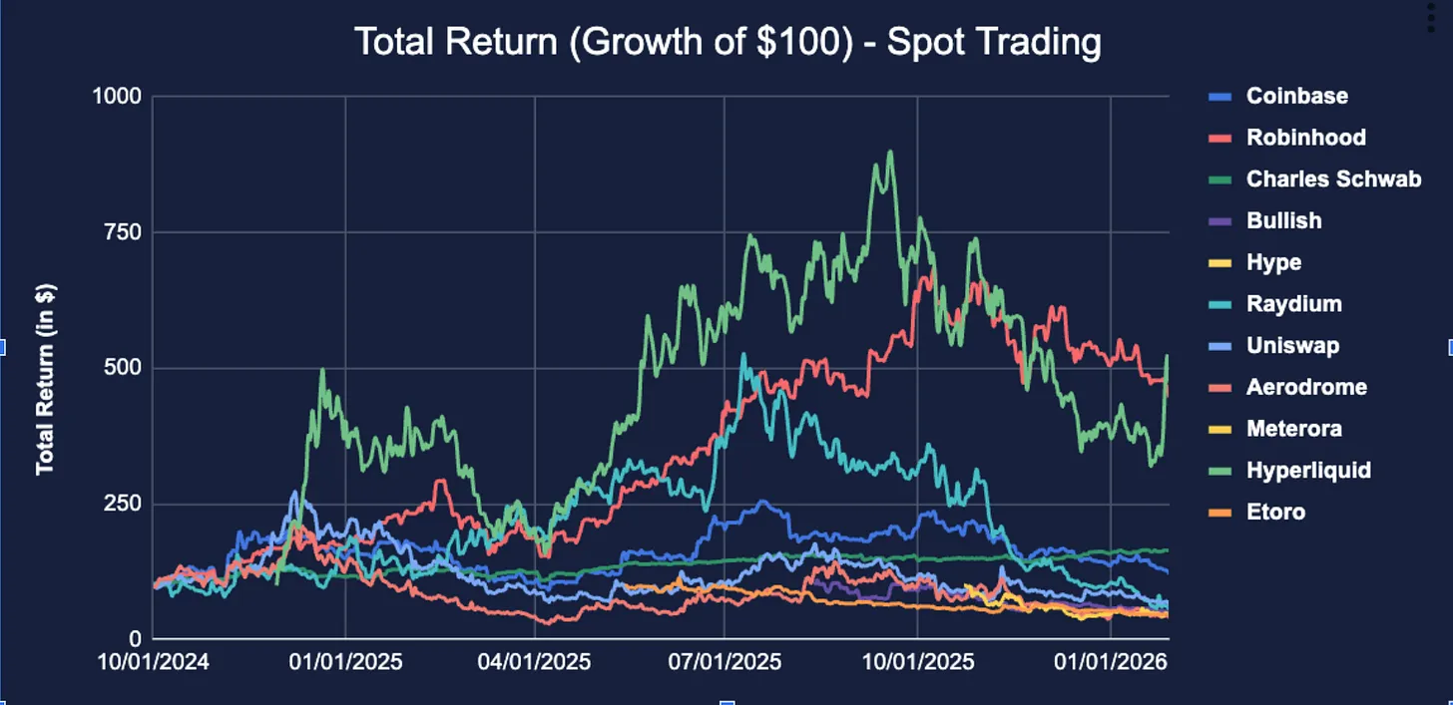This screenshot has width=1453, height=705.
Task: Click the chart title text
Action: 727,42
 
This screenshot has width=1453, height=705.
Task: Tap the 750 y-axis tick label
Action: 124,232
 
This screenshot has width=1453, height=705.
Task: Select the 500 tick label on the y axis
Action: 124,368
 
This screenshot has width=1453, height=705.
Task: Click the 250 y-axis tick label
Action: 124,504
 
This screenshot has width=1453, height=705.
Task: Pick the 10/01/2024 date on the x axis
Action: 155,660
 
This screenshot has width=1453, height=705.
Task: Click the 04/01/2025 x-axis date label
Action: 535,660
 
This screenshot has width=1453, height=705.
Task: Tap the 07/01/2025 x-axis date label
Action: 724,660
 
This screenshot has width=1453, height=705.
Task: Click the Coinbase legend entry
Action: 1296,96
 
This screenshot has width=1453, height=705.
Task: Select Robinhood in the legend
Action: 1305,138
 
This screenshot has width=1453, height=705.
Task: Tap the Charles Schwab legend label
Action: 1333,179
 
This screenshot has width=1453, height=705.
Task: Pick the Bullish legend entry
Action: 1283,220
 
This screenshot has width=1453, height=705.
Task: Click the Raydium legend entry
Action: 1293,304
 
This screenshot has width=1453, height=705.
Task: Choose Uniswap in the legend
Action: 1292,346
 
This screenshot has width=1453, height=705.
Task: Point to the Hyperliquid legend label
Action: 1308,470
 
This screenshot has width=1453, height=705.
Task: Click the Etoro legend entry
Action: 1275,512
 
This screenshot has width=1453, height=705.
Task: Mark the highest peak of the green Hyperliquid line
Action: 889,152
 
